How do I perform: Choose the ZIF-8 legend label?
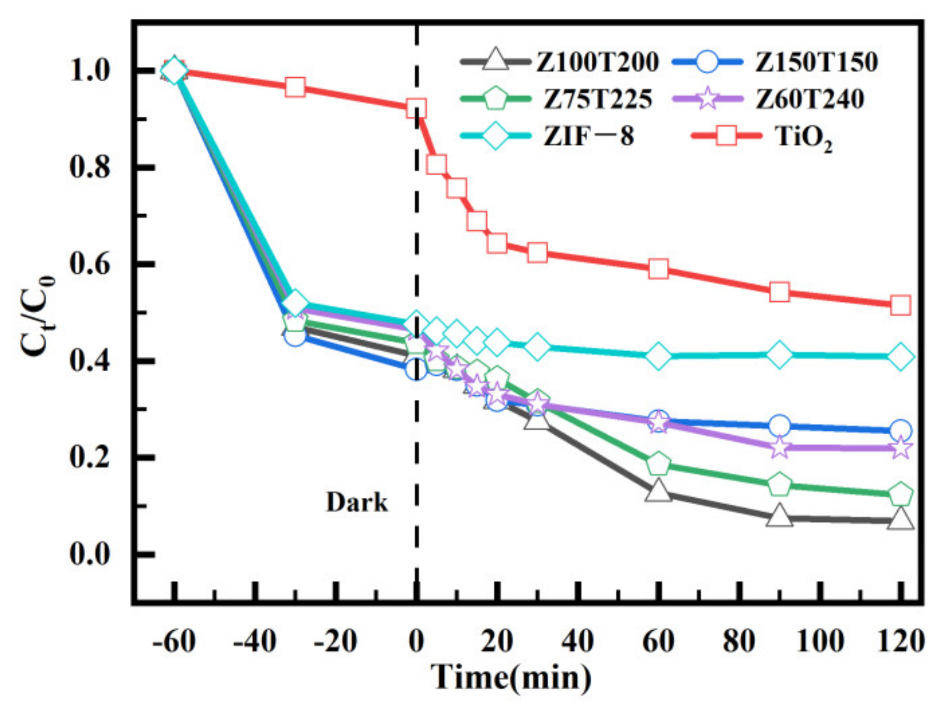pyautogui.click(x=589, y=136)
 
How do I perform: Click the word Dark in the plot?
pyautogui.click(x=357, y=503)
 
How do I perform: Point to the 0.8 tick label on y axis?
pyautogui.click(x=90, y=167)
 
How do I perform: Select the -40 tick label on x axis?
pyautogui.click(x=254, y=642)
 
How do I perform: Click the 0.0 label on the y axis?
pyautogui.click(x=90, y=554)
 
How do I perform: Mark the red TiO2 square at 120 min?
pyautogui.click(x=900, y=306)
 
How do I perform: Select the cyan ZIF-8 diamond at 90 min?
pyautogui.click(x=779, y=354)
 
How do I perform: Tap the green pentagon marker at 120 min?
pyautogui.click(x=900, y=494)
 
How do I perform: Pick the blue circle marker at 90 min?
pyautogui.click(x=779, y=426)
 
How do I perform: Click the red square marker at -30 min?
pyautogui.click(x=295, y=87)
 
